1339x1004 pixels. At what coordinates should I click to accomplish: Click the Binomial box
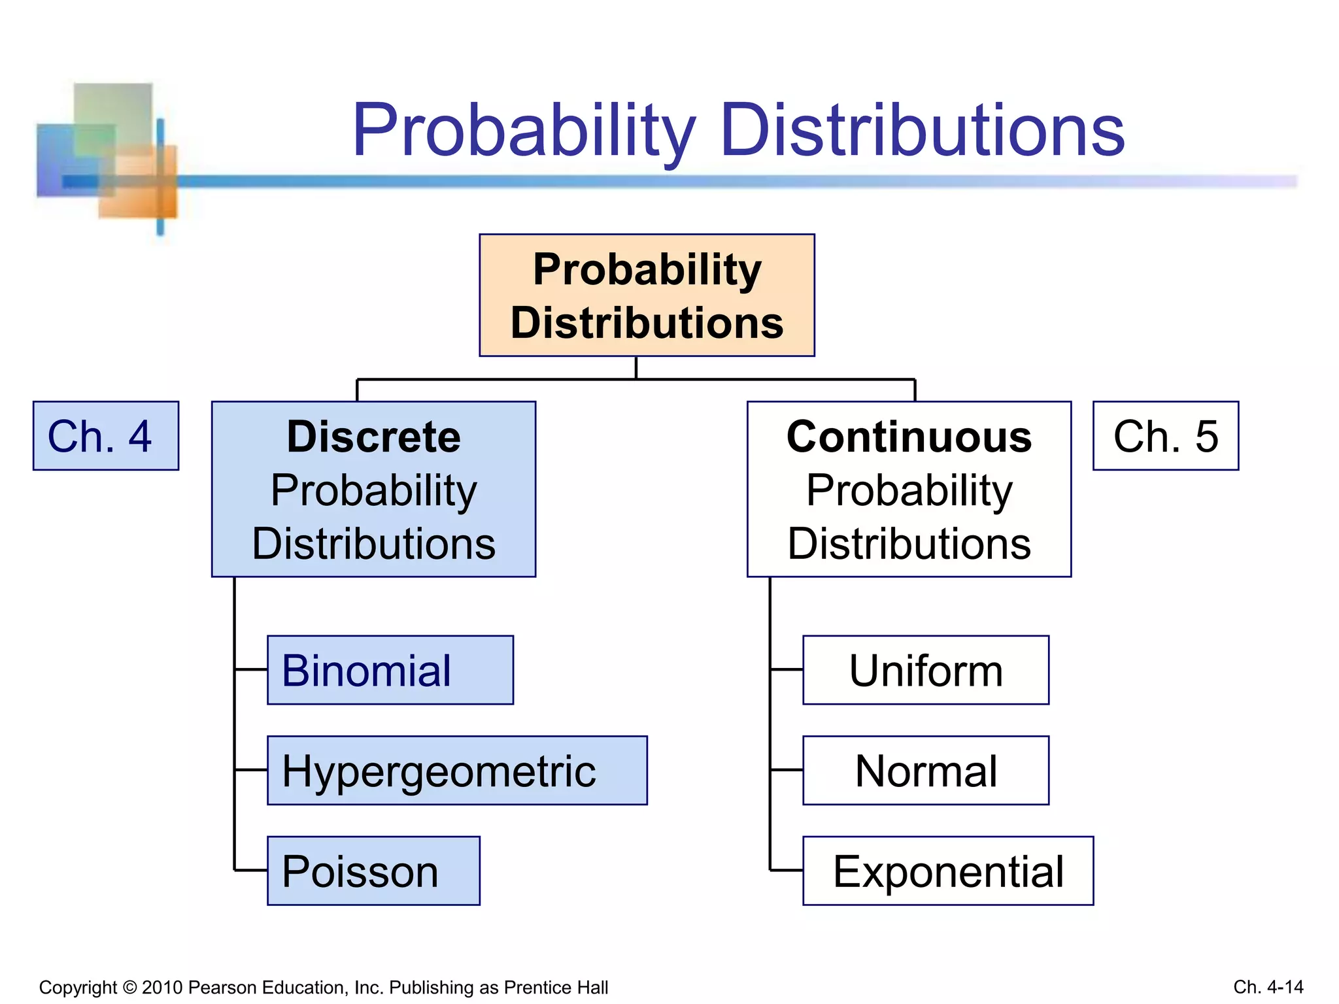(390, 670)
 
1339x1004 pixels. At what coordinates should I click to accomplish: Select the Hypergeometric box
(457, 771)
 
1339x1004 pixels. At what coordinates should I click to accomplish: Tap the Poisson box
(373, 871)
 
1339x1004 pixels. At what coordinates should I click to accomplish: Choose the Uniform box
(926, 670)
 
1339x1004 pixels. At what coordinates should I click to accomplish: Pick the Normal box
(926, 771)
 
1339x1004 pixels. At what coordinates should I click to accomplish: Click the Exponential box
(948, 871)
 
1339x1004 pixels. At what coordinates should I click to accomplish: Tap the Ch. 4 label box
(106, 436)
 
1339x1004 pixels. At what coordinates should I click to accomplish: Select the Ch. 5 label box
(1166, 436)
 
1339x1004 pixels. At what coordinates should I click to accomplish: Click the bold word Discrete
(373, 437)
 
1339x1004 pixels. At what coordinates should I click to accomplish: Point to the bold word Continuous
(909, 437)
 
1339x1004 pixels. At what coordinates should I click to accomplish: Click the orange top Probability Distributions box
(647, 295)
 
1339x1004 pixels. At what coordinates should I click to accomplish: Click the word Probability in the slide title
(523, 131)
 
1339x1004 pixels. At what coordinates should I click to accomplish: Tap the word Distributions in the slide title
(922, 131)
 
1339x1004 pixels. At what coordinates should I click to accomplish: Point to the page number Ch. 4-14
(1268, 987)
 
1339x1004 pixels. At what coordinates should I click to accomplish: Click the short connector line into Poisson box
(251, 871)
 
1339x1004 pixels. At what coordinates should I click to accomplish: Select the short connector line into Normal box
(787, 771)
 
